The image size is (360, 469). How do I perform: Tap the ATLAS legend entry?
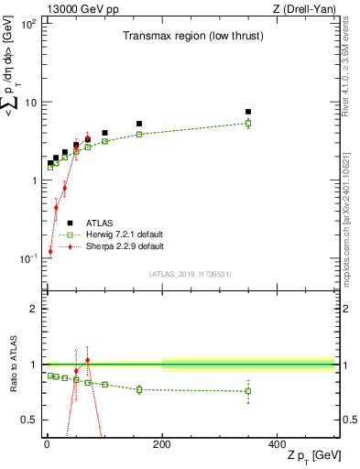click(99, 223)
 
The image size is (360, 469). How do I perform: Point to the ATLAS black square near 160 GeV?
click(139, 124)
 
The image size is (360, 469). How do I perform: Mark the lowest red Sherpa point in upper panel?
click(50, 251)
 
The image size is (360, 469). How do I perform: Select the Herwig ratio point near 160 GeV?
click(139, 389)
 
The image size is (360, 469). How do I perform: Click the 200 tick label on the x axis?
click(162, 443)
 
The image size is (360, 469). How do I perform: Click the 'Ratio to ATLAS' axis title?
click(12, 365)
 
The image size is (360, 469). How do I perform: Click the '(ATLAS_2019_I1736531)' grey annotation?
click(189, 274)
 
